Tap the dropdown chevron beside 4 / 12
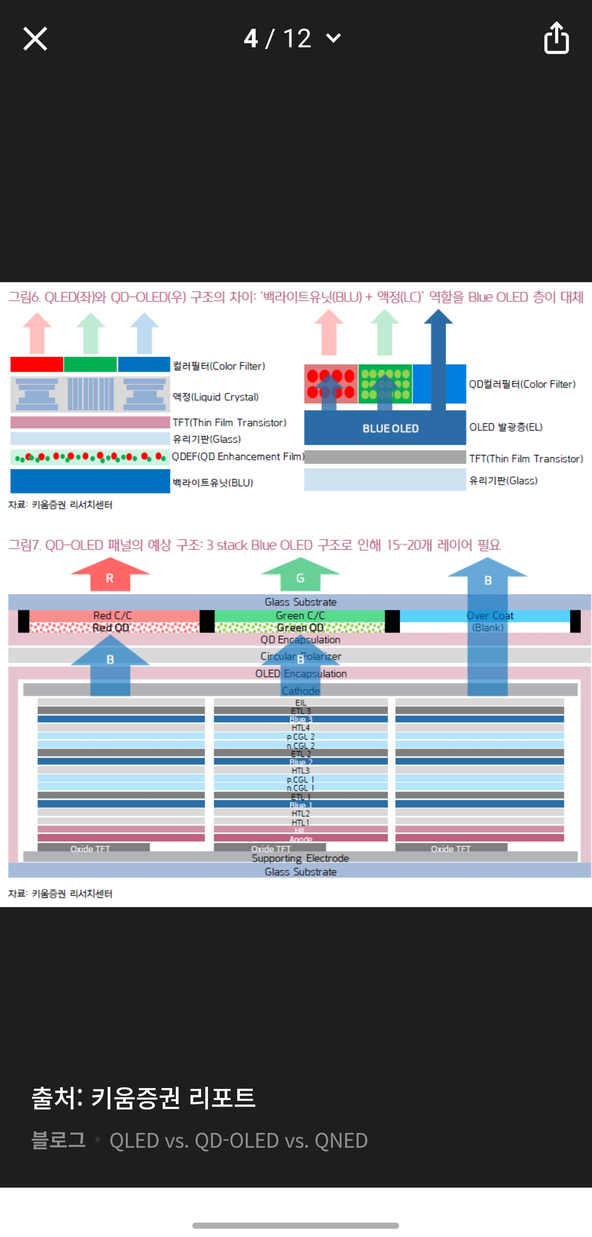(x=333, y=38)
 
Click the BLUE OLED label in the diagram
(x=391, y=428)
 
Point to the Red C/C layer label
(x=112, y=615)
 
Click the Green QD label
(x=301, y=628)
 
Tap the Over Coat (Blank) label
(x=489, y=622)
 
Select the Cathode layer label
(x=301, y=691)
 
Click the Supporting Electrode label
(x=301, y=858)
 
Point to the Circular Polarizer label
(x=301, y=656)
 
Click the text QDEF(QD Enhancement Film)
(x=238, y=457)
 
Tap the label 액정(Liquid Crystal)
(x=216, y=397)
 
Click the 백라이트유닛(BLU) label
(x=213, y=483)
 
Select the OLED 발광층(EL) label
(x=506, y=427)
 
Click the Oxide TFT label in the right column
(x=451, y=849)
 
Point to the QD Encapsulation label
(x=301, y=640)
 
